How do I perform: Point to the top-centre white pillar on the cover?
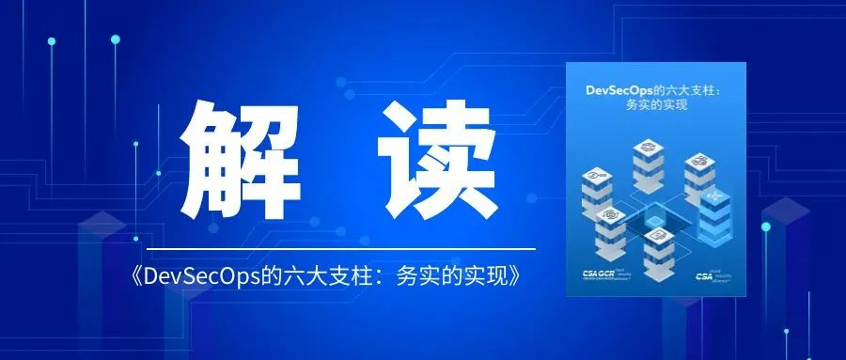[x=648, y=161]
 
